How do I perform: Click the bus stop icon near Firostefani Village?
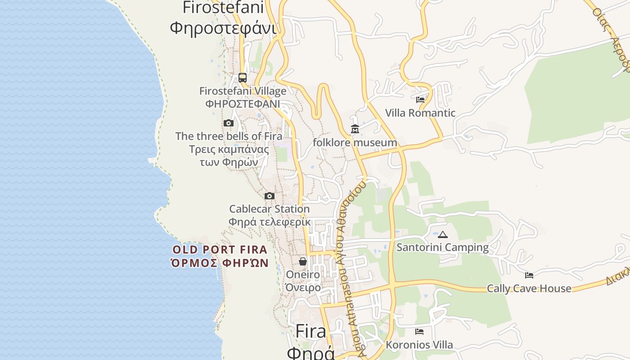243,78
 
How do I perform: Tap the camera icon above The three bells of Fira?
229,123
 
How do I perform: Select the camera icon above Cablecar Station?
270,196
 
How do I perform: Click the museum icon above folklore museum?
355,130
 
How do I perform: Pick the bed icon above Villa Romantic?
420,100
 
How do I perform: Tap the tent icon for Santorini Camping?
443,234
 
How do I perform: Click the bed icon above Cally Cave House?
529,275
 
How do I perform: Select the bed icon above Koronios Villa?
419,332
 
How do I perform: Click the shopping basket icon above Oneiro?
303,261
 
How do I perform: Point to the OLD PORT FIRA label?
220,250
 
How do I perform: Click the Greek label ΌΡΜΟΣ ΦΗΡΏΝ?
220,263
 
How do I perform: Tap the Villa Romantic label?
420,113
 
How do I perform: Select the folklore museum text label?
355,143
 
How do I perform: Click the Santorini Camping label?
442,247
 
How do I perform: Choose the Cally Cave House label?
529,288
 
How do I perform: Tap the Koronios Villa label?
419,345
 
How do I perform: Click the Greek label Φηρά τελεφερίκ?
270,222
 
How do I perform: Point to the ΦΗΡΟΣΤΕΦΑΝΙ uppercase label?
243,104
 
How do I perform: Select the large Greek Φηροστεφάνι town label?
223,28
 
